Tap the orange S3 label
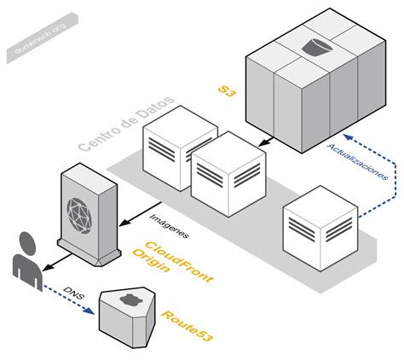[x=226, y=91]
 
